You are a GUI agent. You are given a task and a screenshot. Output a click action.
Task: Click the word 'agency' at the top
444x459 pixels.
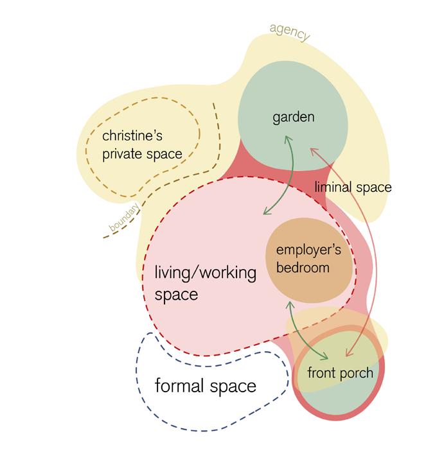point(289,32)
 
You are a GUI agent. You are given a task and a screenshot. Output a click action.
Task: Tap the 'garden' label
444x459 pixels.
point(293,117)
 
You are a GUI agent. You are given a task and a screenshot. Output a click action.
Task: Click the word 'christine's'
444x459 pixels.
point(135,136)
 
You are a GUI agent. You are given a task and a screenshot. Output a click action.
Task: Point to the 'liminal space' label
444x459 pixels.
point(353,187)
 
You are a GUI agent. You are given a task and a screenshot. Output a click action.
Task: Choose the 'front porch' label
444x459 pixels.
point(340,373)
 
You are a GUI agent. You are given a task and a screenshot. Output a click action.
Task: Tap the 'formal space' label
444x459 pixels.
point(206,386)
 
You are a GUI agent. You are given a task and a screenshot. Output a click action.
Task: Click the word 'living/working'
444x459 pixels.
point(205,273)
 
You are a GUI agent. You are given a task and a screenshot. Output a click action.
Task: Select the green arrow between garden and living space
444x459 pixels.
point(281,177)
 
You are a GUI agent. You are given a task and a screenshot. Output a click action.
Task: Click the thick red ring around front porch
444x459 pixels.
point(382,385)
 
